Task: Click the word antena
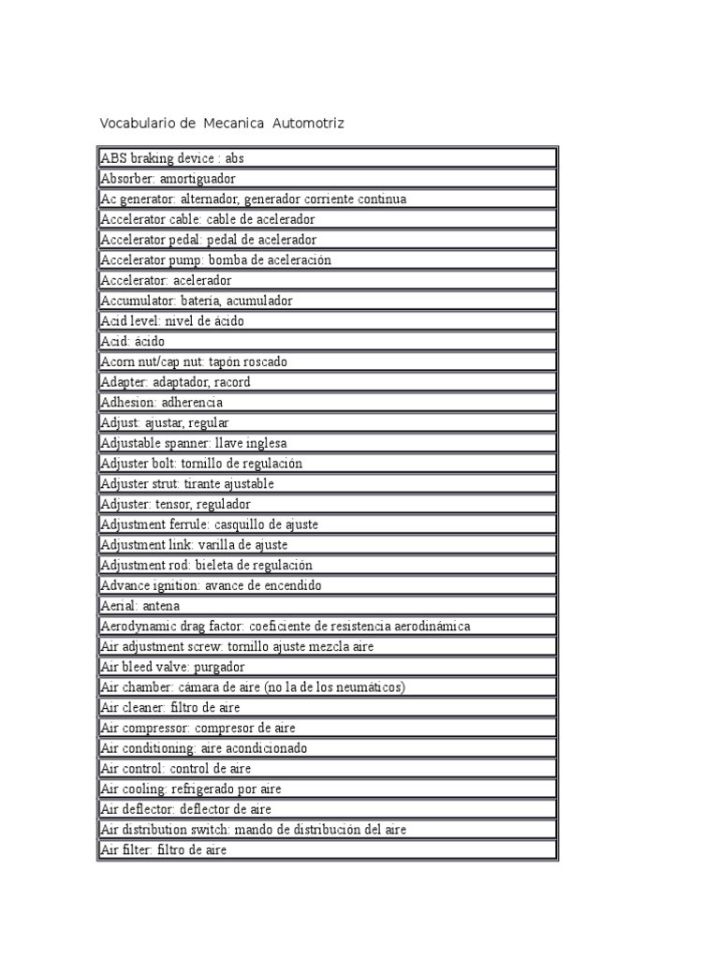pos(159,606)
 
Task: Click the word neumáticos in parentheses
pos(368,687)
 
